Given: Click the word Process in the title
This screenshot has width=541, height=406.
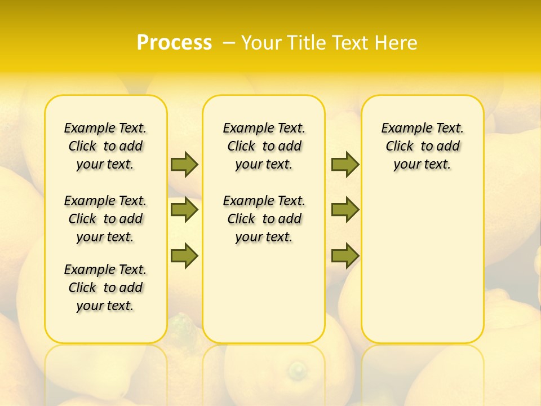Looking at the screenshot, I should tap(174, 42).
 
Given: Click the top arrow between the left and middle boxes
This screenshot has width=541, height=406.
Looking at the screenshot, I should tap(184, 164).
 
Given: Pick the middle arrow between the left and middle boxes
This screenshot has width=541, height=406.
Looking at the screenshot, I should tap(184, 210).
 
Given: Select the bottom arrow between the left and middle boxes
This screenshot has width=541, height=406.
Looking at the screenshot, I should tap(184, 255).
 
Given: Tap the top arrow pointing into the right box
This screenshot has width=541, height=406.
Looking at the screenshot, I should tap(345, 164).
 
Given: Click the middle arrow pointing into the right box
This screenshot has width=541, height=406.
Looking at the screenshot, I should tap(345, 210).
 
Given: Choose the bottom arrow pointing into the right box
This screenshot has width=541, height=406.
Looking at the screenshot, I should tap(345, 255).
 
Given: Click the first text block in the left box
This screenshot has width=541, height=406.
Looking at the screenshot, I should tap(105, 146).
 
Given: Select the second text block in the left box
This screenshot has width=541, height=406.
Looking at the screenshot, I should tap(105, 219).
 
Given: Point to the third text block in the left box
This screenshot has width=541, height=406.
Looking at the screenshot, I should tap(105, 288).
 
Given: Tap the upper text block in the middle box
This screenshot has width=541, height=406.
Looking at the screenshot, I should tap(264, 146).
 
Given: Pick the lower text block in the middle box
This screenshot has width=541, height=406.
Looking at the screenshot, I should tap(264, 219).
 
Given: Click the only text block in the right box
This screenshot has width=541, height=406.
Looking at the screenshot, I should tap(422, 146).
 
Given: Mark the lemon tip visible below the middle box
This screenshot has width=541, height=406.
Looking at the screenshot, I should tap(296, 369).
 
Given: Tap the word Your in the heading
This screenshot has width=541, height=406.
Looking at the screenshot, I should tap(261, 43).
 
